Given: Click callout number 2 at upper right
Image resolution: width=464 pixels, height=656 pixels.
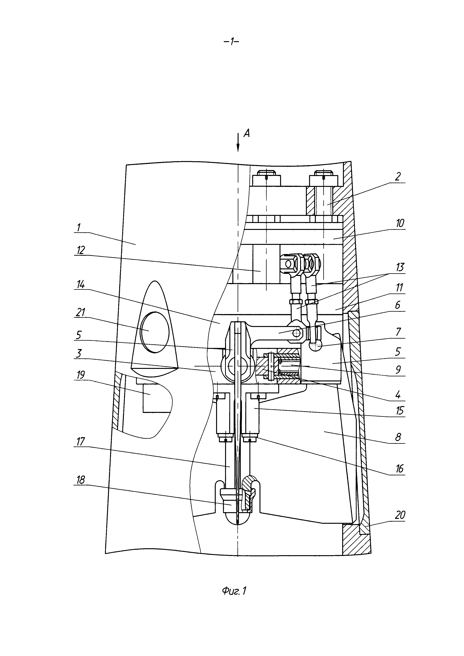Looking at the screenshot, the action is tap(398, 177).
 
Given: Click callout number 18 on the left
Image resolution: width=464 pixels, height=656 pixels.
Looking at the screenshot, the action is tap(81, 480).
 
